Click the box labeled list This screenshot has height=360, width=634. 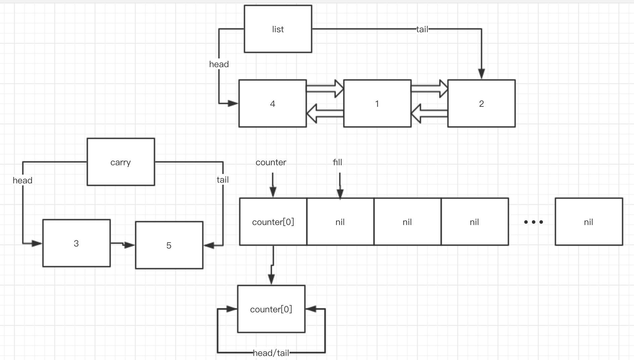click(x=278, y=29)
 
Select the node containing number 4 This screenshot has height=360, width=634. click(x=272, y=103)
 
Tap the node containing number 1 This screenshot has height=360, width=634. click(x=377, y=103)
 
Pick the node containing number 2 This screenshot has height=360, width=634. click(x=481, y=103)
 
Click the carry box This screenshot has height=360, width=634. click(x=121, y=162)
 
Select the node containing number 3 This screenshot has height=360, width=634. click(x=76, y=243)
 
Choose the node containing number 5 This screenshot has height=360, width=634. click(x=169, y=245)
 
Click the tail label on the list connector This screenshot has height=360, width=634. click(x=422, y=29)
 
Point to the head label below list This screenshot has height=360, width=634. click(x=219, y=64)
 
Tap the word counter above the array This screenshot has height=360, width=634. click(x=271, y=162)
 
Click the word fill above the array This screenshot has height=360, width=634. click(x=337, y=162)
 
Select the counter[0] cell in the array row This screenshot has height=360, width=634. click(x=273, y=222)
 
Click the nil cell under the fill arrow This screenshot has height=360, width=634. click(x=340, y=222)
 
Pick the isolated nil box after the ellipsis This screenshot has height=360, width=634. click(x=588, y=222)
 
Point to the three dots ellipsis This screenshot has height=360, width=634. click(x=533, y=222)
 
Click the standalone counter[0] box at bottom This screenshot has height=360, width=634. click(x=271, y=309)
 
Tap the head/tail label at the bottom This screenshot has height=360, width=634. click(x=271, y=353)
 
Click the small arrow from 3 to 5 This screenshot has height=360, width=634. click(x=123, y=244)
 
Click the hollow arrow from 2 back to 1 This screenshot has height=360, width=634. click(x=429, y=114)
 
